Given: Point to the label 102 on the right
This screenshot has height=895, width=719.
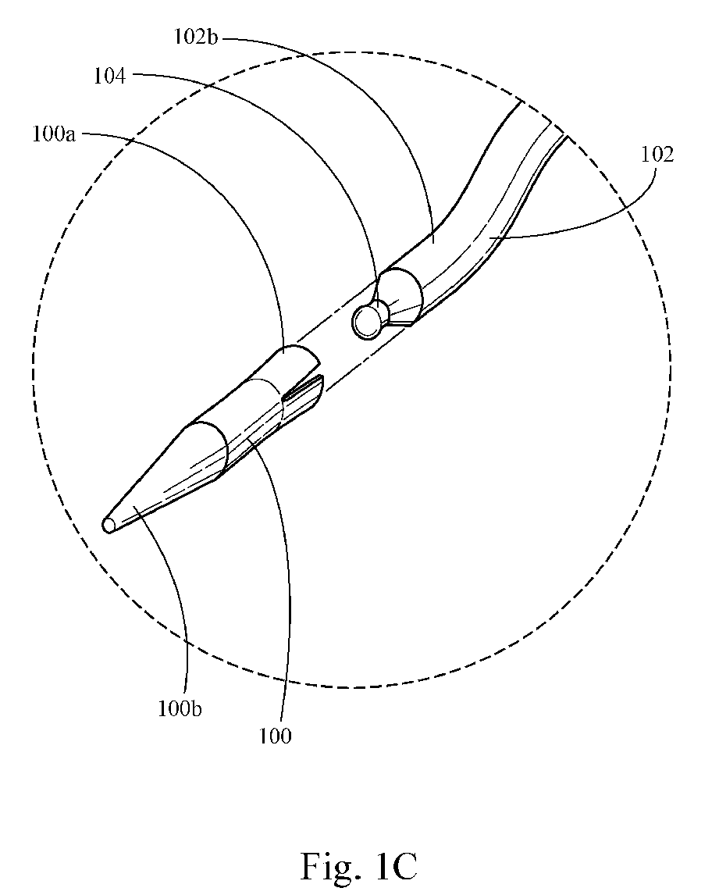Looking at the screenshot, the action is coord(657,155).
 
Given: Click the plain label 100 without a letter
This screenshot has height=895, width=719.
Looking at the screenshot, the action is coord(276,735).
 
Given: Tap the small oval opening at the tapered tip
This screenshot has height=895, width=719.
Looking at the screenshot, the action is coord(108,525).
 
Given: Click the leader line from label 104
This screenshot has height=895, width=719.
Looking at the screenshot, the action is coord(312,125).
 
